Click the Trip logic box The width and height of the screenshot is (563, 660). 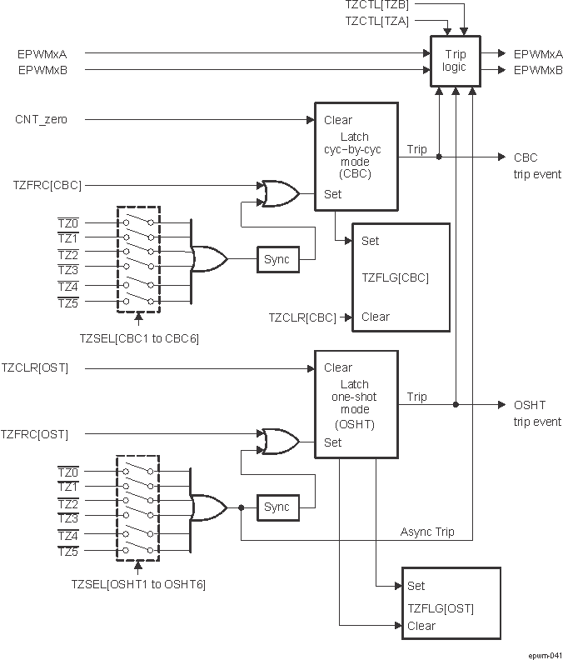(x=455, y=61)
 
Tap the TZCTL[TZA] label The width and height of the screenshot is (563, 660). (x=376, y=22)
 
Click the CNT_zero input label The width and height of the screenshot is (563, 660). (x=41, y=120)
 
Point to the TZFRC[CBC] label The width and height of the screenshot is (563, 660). (x=47, y=184)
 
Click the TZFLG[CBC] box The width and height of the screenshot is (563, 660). (x=401, y=277)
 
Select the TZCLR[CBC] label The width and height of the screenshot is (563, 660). (x=301, y=317)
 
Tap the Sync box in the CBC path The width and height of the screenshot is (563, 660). (x=277, y=259)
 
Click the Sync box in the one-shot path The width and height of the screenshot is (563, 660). (x=277, y=507)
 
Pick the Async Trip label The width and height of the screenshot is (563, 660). (x=427, y=532)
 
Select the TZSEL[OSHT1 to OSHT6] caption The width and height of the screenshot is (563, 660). (x=137, y=584)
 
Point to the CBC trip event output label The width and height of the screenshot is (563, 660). (x=537, y=166)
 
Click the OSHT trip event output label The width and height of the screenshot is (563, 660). (x=537, y=413)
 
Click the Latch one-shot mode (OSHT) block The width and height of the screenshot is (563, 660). (x=354, y=404)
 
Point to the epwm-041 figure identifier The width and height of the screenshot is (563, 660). (x=544, y=653)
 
